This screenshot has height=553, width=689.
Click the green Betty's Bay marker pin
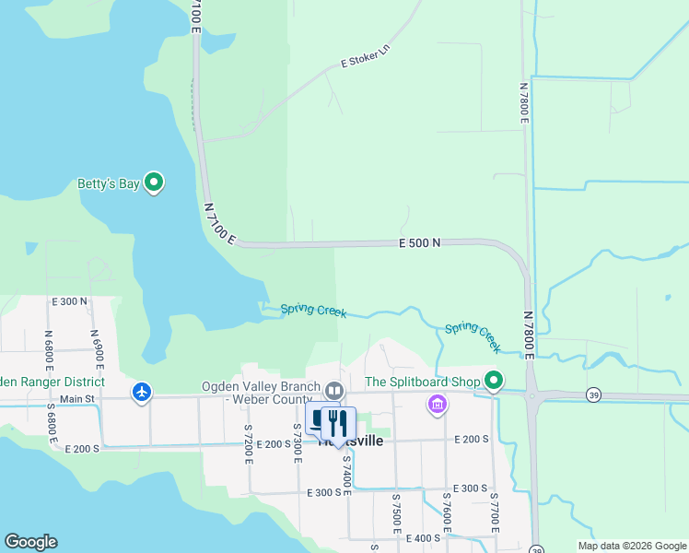155,183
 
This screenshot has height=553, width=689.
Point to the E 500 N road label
420,242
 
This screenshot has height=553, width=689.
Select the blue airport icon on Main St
141,393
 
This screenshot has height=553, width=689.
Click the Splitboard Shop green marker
494,381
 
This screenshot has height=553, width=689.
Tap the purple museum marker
438,404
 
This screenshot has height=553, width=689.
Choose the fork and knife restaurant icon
338,423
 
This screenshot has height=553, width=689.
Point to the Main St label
77,398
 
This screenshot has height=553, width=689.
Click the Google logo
30,542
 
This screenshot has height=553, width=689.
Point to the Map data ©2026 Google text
631,546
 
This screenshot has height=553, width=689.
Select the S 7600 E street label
446,513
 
